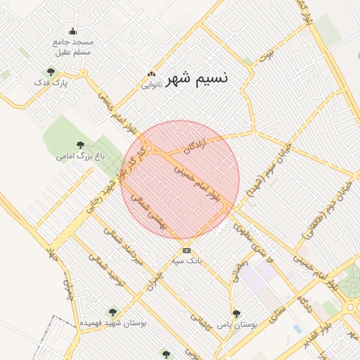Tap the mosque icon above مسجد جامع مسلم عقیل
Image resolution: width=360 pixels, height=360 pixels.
(x=72, y=32)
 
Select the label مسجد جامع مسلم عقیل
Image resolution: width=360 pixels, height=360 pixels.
(x=72, y=47)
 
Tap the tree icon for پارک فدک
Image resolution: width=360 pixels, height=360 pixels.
(x=50, y=71)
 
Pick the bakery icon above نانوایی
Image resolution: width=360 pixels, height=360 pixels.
(x=152, y=75)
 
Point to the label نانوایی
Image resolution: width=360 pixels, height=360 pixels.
(x=152, y=85)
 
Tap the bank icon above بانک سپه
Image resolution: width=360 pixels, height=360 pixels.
(x=186, y=250)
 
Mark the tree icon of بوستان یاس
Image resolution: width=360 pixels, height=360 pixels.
(x=236, y=313)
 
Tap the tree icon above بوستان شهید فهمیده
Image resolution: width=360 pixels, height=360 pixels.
(x=112, y=312)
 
